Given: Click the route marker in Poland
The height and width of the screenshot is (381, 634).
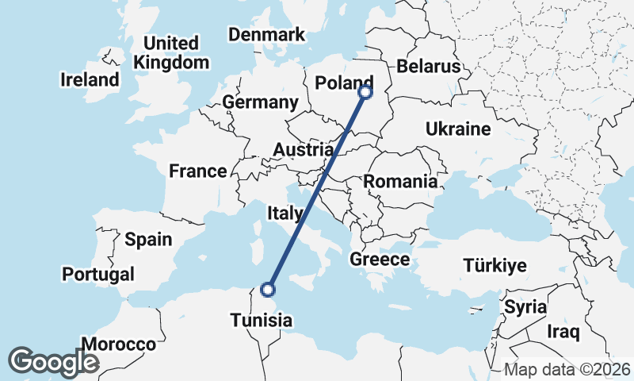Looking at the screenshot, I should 365,92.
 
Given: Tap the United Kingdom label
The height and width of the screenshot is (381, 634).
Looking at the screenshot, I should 172,52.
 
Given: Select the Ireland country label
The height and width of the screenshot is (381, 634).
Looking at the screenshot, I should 90,79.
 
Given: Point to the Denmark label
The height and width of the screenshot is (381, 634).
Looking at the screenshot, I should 266,34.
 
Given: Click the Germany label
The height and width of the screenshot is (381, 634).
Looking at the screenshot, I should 260,102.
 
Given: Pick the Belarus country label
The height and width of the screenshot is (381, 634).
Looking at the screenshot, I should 429,66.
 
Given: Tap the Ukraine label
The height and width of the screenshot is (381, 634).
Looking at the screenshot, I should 458,129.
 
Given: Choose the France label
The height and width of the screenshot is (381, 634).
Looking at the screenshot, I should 197,171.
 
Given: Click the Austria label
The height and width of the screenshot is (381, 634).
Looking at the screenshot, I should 303,149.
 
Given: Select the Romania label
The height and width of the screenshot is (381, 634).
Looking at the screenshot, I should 400,181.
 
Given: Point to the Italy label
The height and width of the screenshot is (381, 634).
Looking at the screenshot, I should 285,213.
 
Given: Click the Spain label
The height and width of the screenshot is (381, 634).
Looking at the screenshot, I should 148,239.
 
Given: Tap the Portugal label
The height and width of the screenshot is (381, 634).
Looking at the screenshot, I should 98,274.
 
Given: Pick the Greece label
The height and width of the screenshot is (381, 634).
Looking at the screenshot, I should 380,260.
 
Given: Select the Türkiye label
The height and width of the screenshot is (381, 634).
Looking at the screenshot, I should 495,265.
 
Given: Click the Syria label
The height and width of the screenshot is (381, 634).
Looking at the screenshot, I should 525,306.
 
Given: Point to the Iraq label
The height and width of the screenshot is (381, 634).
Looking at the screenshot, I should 564,330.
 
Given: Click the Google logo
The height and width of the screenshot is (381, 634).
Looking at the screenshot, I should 53,361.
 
